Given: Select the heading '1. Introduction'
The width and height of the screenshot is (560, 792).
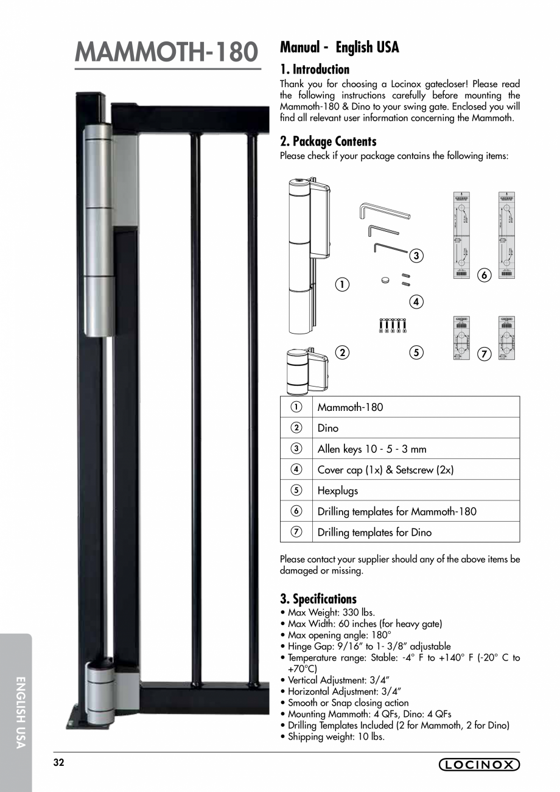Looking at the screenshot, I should coord(315,69).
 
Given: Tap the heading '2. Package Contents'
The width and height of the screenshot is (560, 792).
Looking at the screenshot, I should coord(328,141).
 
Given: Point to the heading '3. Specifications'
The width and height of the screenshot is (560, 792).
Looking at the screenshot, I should coord(318,598).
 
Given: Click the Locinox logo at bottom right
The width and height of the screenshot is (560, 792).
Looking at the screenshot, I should coord(479,765).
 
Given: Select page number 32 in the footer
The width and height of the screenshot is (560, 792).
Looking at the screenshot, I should coord(58,763).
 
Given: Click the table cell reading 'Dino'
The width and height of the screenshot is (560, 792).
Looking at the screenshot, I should coord(328,428).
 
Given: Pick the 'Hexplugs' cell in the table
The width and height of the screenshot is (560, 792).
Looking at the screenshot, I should coord(338,491).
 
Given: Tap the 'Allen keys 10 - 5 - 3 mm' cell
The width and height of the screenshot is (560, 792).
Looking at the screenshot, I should coord(372,449).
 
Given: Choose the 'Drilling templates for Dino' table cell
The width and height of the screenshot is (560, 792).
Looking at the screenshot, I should coord(374,532).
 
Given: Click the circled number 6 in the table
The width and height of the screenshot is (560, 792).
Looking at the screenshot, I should coord(296,511).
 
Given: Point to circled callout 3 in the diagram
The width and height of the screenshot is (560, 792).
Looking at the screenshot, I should coord(416,256).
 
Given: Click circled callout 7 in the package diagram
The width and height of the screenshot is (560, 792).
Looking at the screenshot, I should coord(485,354).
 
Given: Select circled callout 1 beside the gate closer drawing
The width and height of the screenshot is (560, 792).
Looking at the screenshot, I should coord(343,284).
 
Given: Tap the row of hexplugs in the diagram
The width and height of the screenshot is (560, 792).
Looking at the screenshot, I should coord(393,326).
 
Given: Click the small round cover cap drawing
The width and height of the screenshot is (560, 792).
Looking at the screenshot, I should coord(385,280).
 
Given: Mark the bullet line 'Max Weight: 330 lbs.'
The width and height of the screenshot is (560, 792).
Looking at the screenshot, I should coord(331,612).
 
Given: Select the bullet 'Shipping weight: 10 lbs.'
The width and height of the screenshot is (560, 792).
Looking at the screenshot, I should coord(336,736).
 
